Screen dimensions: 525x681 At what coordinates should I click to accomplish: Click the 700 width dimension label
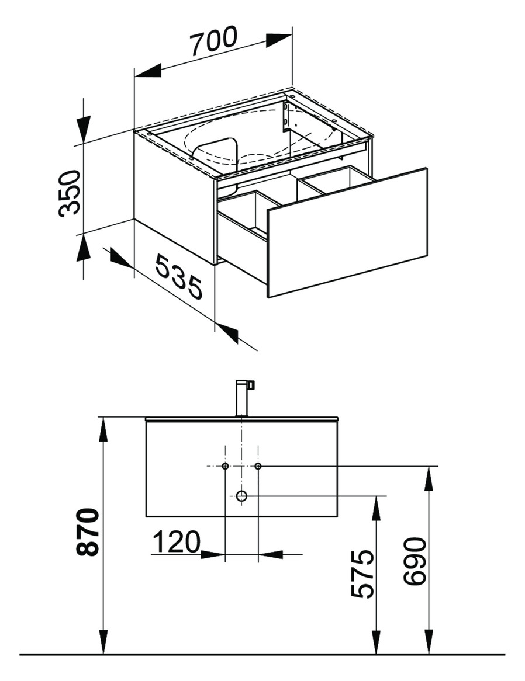[214, 41]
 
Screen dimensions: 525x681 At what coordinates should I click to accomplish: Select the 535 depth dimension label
[179, 277]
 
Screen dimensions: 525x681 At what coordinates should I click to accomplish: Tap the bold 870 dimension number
[87, 532]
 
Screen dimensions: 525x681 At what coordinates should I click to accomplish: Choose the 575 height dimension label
[362, 574]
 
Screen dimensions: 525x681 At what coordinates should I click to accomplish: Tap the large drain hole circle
[241, 495]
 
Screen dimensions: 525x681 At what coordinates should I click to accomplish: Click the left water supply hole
[225, 466]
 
